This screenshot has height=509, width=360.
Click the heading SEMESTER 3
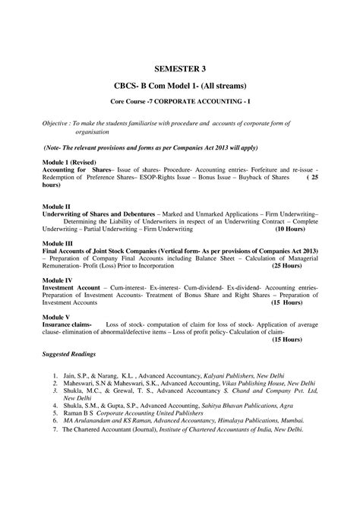180,68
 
